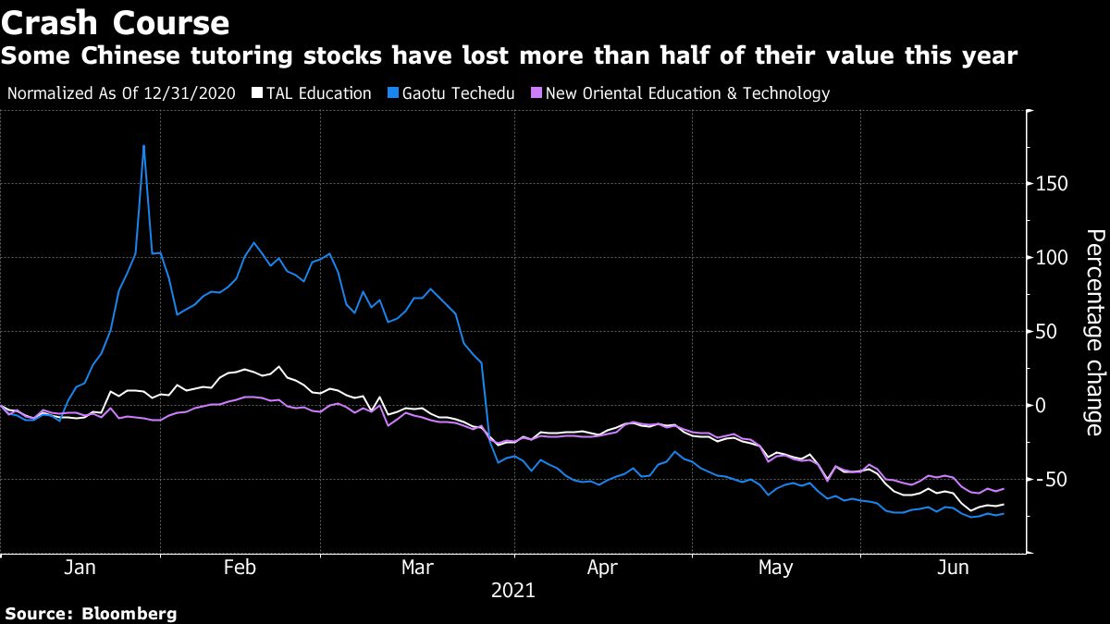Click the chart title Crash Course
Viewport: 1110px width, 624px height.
point(116,22)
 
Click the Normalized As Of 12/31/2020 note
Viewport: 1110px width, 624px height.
point(121,93)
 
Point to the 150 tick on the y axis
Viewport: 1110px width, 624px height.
point(1052,184)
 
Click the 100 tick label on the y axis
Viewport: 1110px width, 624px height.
point(1052,258)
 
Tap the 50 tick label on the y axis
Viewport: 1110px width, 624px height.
point(1046,332)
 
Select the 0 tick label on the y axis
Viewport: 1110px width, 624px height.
point(1042,406)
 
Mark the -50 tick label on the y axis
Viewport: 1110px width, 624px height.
point(1050,480)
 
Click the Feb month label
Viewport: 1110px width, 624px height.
point(240,567)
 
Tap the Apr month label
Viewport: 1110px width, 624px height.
point(603,567)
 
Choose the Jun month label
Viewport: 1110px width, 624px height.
point(953,567)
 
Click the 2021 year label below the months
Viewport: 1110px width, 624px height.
point(513,589)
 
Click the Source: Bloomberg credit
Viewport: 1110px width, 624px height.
point(91,613)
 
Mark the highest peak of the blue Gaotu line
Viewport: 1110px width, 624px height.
point(143,145)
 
